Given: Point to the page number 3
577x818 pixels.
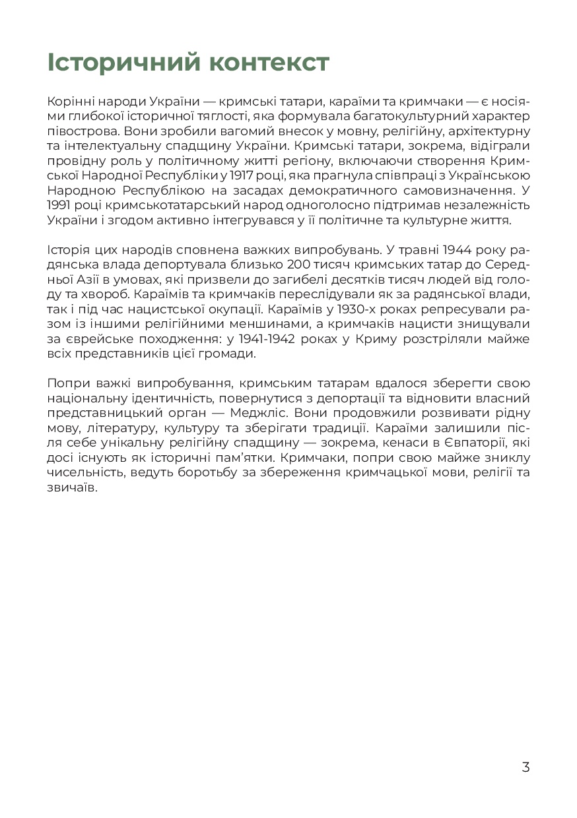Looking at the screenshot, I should pyautogui.click(x=526, y=767).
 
